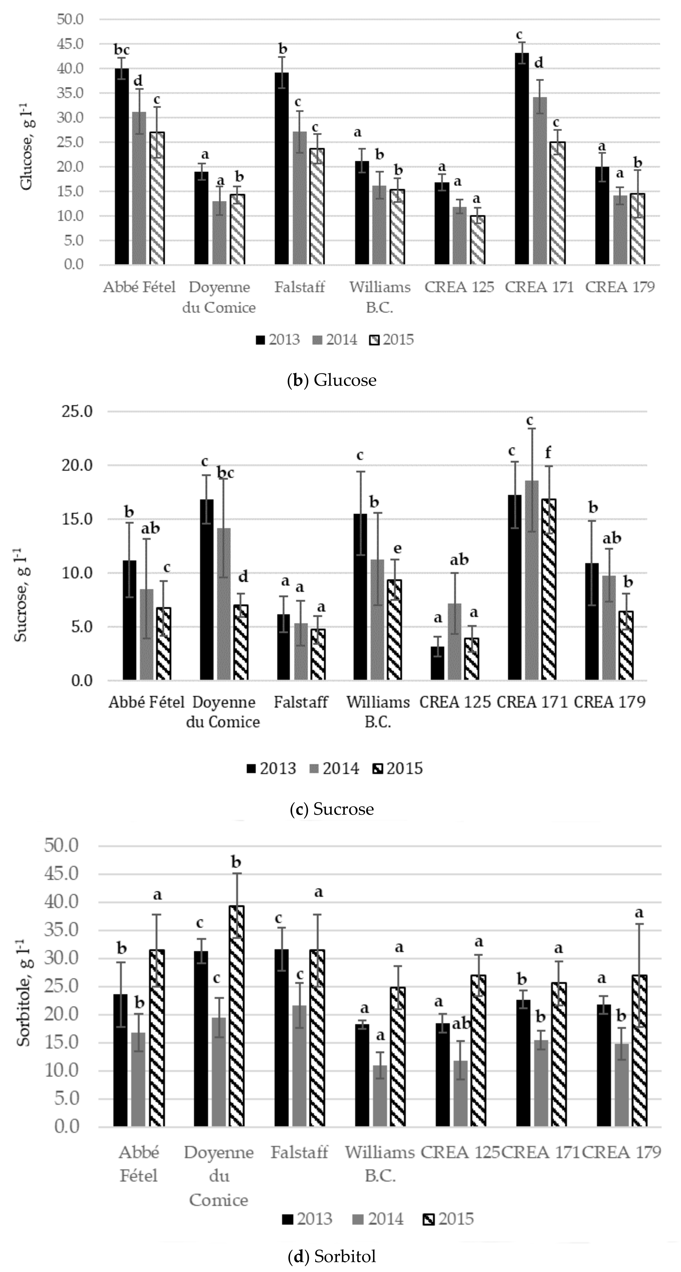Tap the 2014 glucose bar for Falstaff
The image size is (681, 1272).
tap(300, 198)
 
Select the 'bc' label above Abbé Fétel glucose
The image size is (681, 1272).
tap(122, 50)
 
